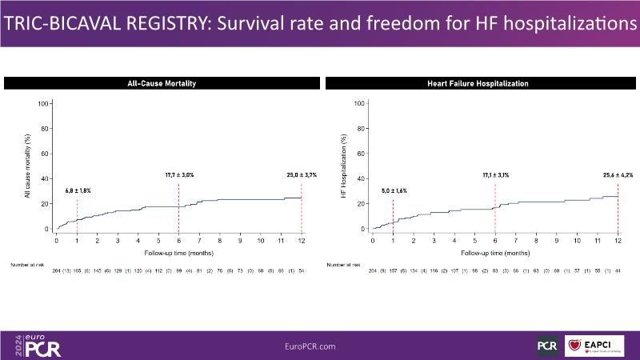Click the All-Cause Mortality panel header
click(x=162, y=83)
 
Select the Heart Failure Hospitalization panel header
click(x=478, y=83)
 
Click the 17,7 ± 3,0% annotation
click(x=177, y=174)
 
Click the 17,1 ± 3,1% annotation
click(x=495, y=174)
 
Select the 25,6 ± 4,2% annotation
click(x=617, y=174)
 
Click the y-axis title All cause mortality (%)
click(x=39, y=167)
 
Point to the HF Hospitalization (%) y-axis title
click(x=354, y=167)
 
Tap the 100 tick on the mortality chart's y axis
click(x=46, y=103)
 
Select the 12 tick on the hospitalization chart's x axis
click(x=618, y=240)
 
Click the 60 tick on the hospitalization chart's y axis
click(x=361, y=154)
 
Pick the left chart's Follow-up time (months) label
click(x=178, y=251)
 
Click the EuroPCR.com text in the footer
click(x=310, y=346)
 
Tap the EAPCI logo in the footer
click(x=594, y=346)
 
